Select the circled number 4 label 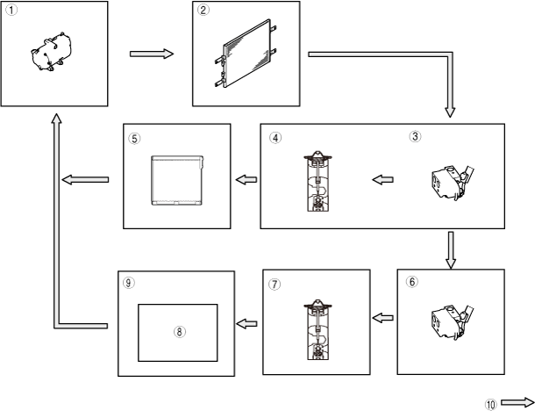pyautogui.click(x=275, y=138)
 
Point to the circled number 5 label pyautogui.click(x=133, y=138)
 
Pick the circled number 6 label pyautogui.click(x=412, y=282)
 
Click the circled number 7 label pyautogui.click(x=275, y=285)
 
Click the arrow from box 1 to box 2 pyautogui.click(x=152, y=54)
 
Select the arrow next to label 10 pyautogui.click(x=517, y=403)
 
